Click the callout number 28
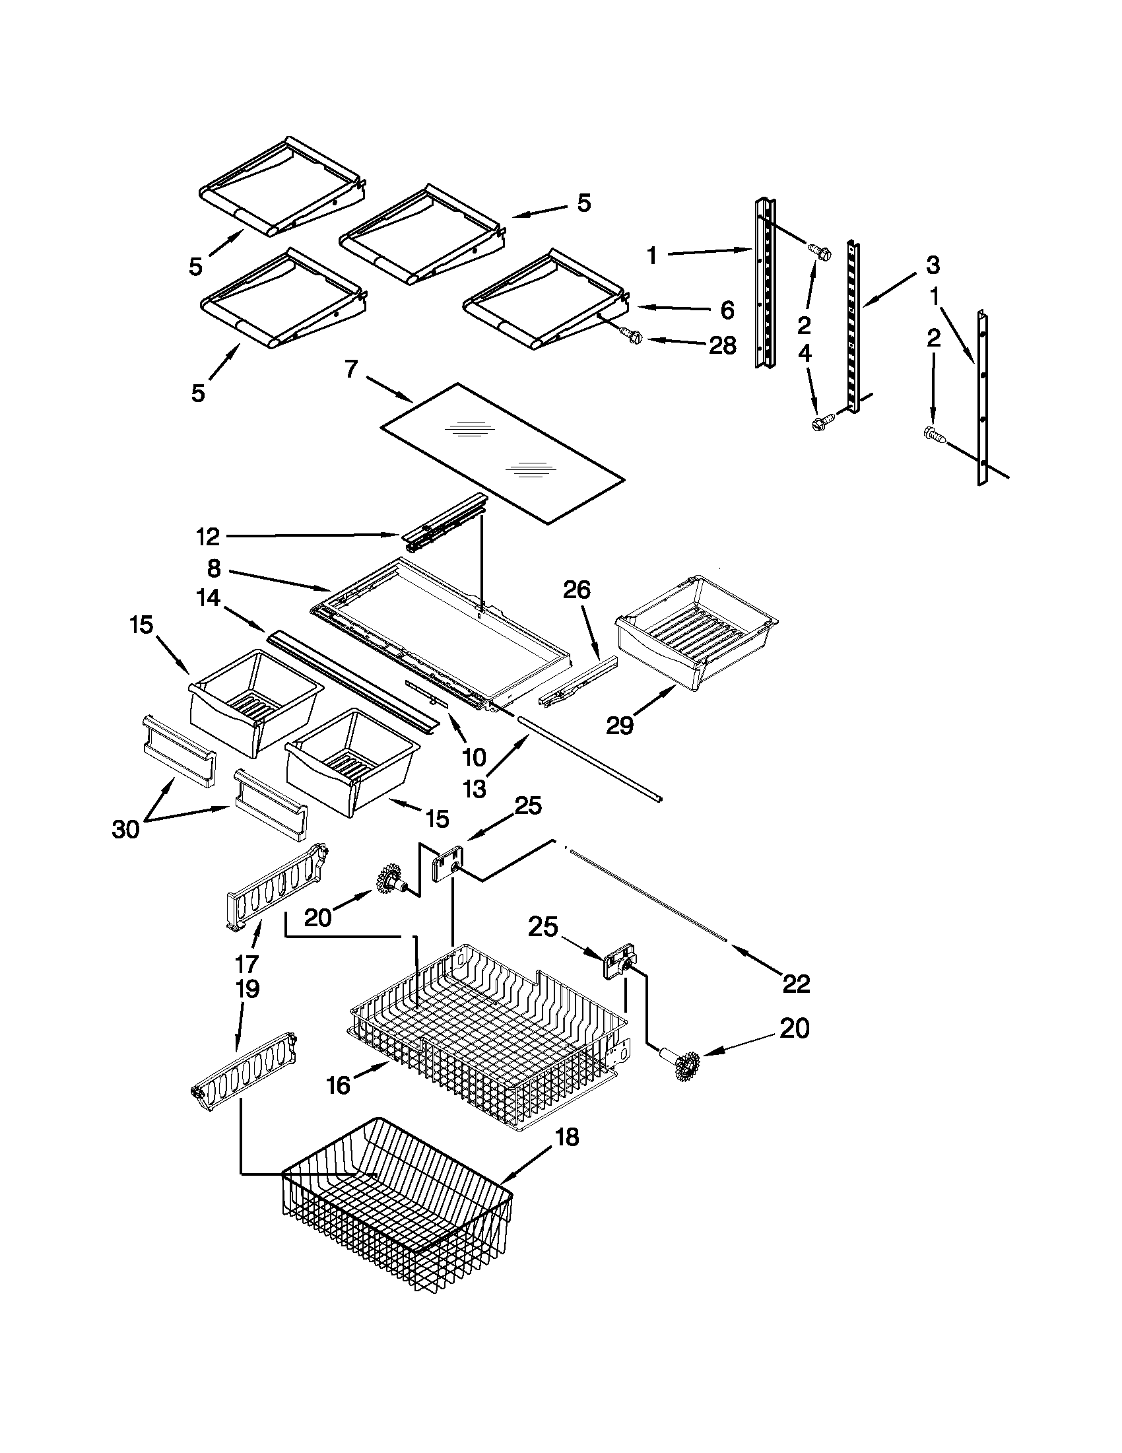(x=722, y=345)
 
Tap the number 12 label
(x=207, y=536)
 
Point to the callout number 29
(x=619, y=726)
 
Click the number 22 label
(x=796, y=984)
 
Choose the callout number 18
(x=566, y=1137)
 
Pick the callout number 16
(x=338, y=1086)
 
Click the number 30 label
(x=125, y=830)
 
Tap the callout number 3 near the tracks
(x=933, y=265)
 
